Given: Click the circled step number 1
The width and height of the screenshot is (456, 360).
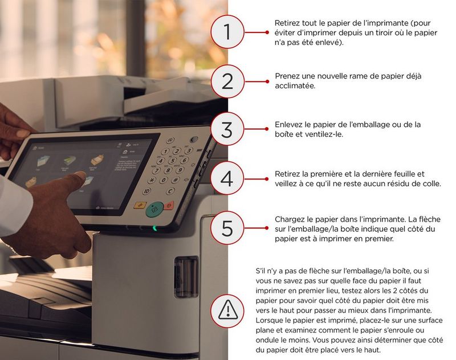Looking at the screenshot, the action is [227, 32].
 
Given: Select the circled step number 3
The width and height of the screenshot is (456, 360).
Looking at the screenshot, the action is [227, 129].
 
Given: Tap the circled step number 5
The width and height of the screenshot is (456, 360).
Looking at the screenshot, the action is [227, 228].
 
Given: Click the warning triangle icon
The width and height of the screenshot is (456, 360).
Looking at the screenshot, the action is [227, 310].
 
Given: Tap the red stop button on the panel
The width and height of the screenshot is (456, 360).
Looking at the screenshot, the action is [169, 206].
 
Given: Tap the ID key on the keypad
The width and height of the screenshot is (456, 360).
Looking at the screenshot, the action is [147, 191].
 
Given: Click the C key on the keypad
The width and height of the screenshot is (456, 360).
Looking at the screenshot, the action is [170, 191].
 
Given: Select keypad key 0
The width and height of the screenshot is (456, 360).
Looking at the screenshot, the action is [164, 180].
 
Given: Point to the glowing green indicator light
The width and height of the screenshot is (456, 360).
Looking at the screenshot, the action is [154, 228].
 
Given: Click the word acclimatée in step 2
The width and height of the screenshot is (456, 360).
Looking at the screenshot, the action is [295, 85].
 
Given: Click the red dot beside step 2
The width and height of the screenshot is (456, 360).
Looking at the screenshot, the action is [267, 81].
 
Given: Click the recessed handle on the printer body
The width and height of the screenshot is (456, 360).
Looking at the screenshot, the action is [186, 277].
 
